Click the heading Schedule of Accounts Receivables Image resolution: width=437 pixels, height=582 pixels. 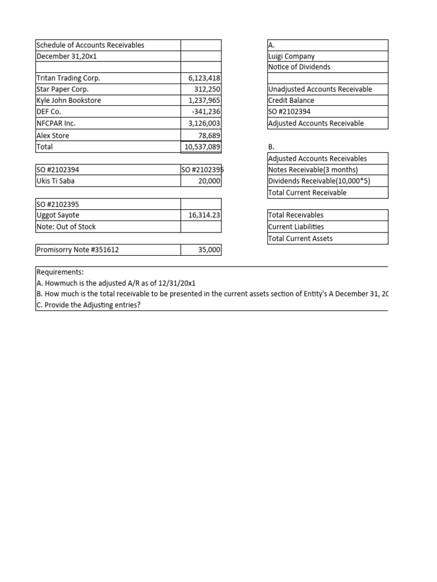click(90, 45)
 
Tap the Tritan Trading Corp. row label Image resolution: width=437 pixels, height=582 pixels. click(68, 78)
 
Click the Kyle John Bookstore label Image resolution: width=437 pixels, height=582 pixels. click(68, 101)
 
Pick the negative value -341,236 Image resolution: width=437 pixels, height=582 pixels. click(205, 112)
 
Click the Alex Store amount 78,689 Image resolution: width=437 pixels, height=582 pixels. click(209, 135)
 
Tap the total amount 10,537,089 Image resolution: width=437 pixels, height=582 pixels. click(201, 147)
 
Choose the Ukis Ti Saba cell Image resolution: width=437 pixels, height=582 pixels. click(55, 181)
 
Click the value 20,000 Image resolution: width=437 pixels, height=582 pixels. click(209, 181)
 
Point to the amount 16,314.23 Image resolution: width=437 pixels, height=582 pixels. click(204, 215)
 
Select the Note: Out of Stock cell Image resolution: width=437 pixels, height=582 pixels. click(66, 227)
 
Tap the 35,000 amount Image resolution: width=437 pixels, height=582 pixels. click(209, 250)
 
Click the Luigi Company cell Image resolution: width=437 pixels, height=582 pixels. click(291, 56)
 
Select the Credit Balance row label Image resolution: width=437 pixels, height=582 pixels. click(291, 101)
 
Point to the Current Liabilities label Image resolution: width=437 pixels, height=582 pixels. click(296, 227)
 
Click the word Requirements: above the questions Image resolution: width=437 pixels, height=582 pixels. click(60, 272)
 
